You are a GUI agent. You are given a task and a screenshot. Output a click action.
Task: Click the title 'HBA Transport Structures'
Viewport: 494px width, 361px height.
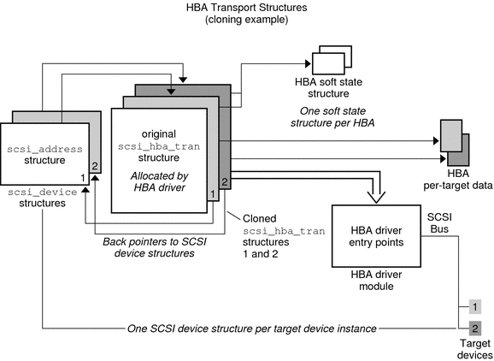247,8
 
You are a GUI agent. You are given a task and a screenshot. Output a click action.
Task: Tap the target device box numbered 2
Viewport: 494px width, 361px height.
476,327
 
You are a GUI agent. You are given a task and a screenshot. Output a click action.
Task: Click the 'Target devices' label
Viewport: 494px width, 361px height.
474,347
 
